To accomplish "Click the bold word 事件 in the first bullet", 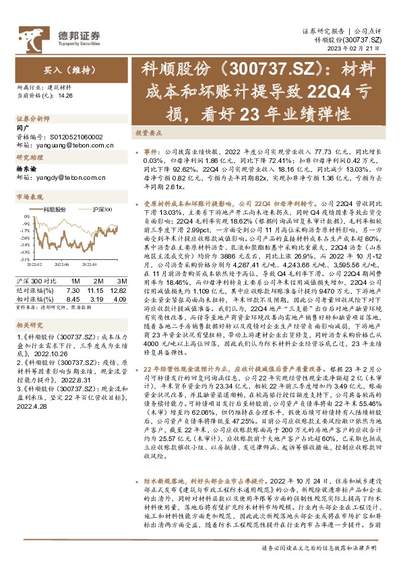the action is click(x=152, y=152).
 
